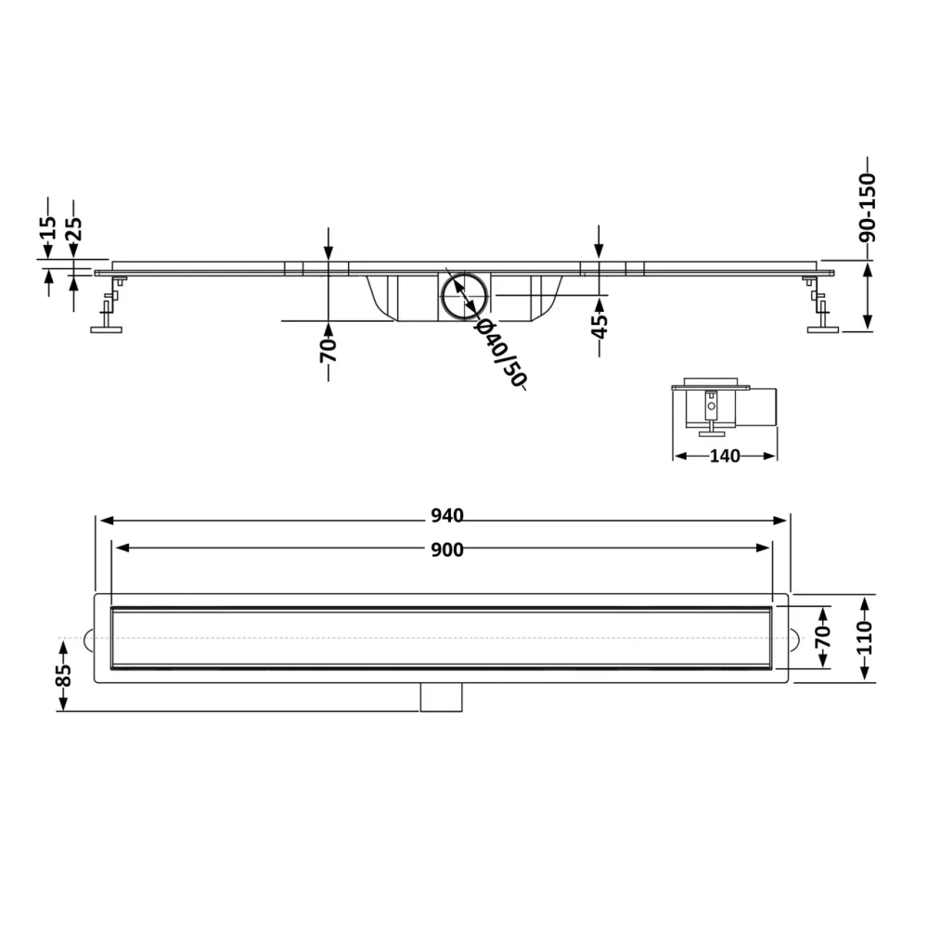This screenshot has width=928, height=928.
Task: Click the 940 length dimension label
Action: (x=447, y=516)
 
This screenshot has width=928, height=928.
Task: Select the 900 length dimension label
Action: (x=447, y=549)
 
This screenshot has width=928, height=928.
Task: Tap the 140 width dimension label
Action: (x=725, y=456)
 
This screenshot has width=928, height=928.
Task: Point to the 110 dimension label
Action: (x=865, y=638)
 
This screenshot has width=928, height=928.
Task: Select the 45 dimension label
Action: (x=599, y=326)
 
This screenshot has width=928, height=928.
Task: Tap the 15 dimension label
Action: (x=49, y=227)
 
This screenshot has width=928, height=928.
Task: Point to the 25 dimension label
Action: (x=74, y=228)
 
